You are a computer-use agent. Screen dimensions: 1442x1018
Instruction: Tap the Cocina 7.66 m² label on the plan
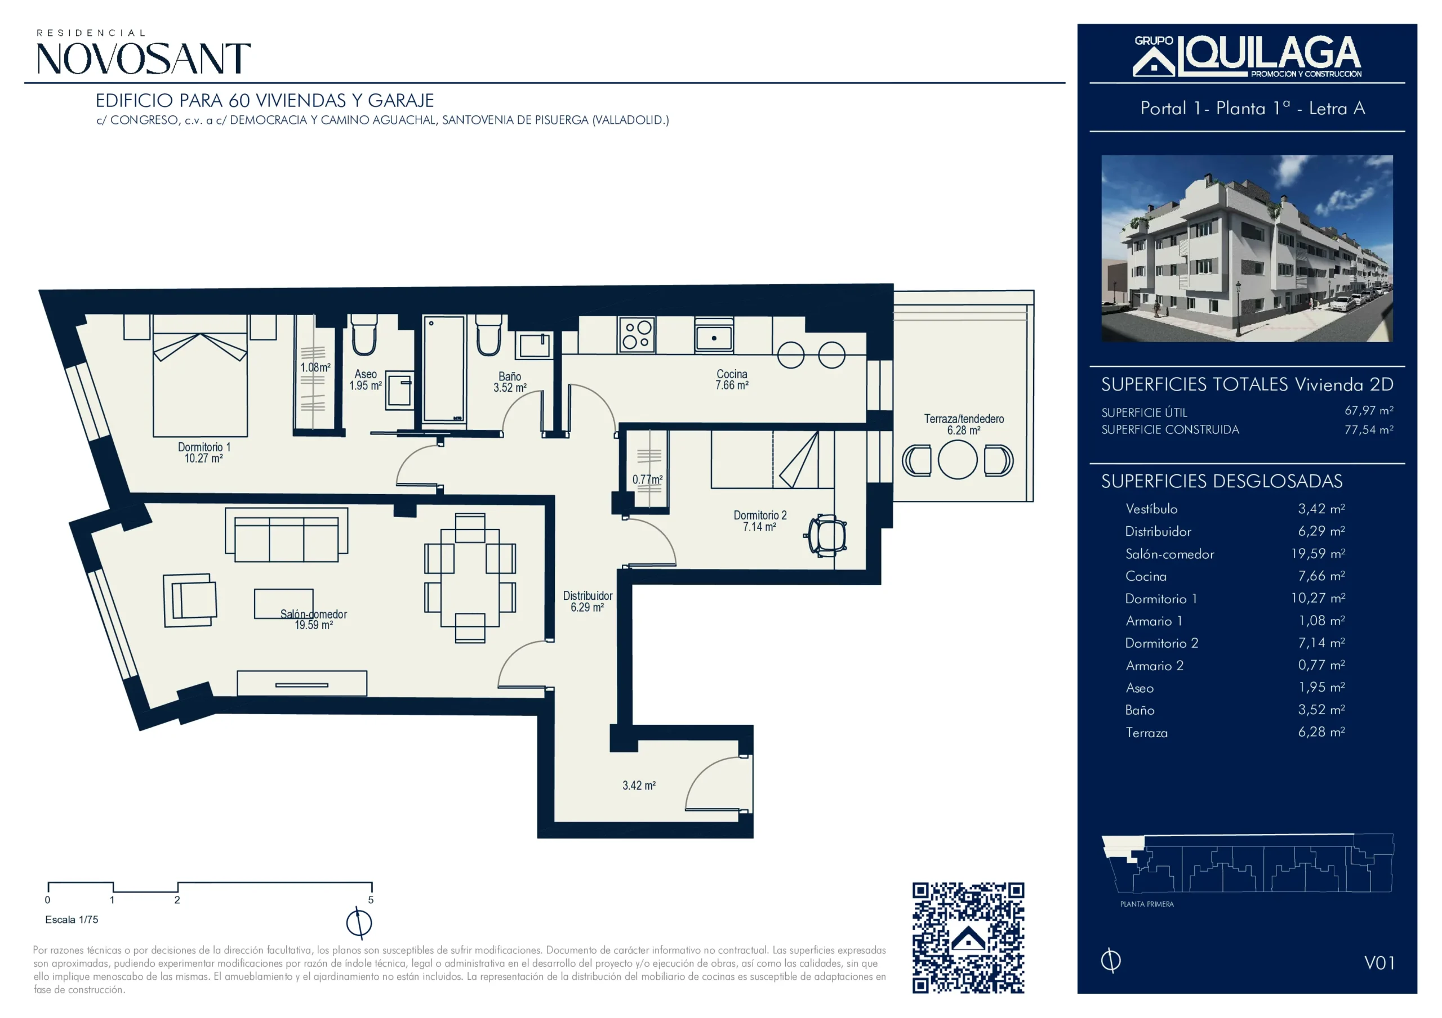(732, 380)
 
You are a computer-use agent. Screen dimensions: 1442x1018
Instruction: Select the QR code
(968, 938)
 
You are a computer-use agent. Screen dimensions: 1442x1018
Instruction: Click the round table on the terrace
(957, 460)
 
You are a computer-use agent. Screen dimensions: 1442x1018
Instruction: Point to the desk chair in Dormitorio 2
(826, 535)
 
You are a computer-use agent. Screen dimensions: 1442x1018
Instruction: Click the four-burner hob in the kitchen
(636, 334)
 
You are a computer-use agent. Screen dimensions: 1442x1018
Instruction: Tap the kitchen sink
(714, 336)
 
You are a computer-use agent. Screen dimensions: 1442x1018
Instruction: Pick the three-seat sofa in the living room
(286, 535)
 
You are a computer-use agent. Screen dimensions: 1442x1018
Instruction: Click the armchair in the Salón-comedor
(190, 600)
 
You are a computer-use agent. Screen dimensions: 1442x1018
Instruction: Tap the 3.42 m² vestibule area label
(639, 785)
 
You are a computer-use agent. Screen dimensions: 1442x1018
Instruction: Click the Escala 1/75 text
(72, 920)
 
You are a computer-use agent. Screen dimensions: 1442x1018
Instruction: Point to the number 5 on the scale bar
(371, 900)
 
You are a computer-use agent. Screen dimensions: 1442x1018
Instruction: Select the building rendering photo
(1247, 249)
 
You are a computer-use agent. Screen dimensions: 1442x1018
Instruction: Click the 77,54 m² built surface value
(1369, 430)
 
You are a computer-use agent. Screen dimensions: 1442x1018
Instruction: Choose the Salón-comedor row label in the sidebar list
(1169, 554)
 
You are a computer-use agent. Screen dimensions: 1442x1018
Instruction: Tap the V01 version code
(1379, 963)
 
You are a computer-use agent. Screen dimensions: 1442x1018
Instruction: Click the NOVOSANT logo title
(144, 59)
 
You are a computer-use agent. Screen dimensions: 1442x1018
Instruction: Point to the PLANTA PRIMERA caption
(1147, 904)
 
